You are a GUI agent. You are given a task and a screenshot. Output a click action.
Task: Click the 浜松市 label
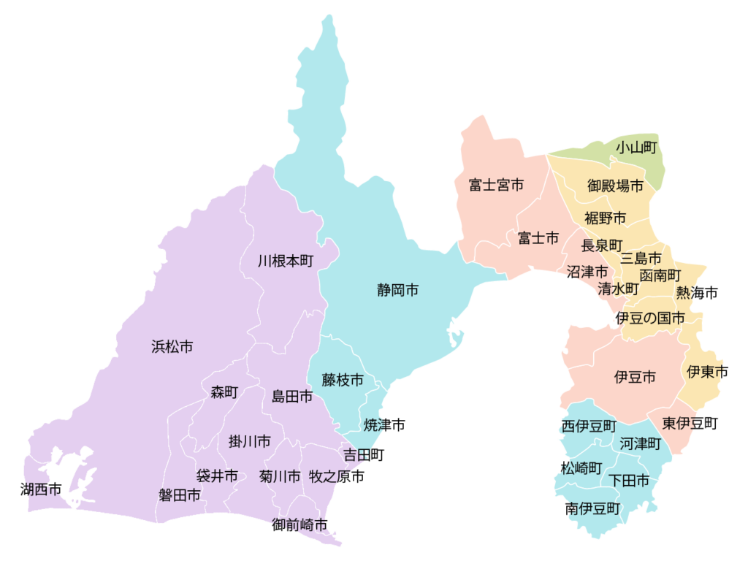[x=172, y=347]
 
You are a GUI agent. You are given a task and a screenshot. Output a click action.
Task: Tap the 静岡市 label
[x=398, y=291]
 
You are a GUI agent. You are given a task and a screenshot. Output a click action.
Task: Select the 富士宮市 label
[x=496, y=186]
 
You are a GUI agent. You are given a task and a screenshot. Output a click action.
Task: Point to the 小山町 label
[x=636, y=148]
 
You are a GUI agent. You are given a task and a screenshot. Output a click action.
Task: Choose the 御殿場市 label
[x=616, y=186]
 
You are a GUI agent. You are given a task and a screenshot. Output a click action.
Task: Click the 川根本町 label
[x=286, y=261]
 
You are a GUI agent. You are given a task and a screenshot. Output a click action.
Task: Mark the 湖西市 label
[x=41, y=489]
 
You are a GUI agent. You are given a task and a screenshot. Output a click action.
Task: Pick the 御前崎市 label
[x=299, y=524]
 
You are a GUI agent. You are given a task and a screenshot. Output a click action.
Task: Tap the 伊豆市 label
[x=635, y=377]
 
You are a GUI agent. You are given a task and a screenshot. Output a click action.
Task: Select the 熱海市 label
[x=696, y=293]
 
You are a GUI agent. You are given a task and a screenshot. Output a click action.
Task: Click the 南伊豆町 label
[x=592, y=508]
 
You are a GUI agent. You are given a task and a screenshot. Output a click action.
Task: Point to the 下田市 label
[x=629, y=481]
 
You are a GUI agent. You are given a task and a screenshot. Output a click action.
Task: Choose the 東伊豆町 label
[x=690, y=423]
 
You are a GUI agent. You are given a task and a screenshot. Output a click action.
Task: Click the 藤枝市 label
[x=343, y=380]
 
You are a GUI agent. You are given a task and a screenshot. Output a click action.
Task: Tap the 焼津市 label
[x=384, y=424]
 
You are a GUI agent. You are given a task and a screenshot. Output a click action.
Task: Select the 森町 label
[x=224, y=392]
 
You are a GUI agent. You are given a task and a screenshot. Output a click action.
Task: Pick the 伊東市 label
[x=707, y=372]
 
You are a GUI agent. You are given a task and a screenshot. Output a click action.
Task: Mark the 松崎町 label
[x=581, y=467]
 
